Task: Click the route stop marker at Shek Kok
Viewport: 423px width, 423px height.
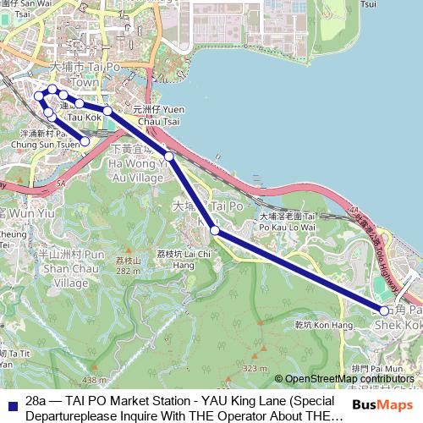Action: click(x=384, y=310)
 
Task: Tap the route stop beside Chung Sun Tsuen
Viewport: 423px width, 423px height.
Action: click(x=85, y=141)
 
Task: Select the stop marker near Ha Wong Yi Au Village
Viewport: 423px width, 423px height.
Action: click(x=169, y=157)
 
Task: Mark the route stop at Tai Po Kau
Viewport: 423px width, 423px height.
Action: click(x=215, y=230)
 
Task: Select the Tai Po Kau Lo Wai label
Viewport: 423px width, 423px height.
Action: click(x=287, y=222)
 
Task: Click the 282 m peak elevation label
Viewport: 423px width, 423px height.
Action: click(x=128, y=271)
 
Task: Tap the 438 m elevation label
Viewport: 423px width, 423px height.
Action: click(x=95, y=380)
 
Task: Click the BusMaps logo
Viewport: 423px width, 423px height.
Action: click(x=377, y=404)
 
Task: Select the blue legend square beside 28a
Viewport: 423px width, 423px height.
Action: click(x=11, y=404)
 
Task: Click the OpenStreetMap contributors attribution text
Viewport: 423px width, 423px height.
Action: click(x=349, y=379)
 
